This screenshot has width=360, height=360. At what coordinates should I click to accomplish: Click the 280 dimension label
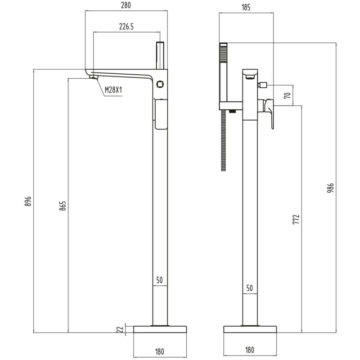pyautogui.click(x=126, y=5)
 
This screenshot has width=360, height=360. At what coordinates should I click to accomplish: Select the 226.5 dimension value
pyautogui.click(x=126, y=27)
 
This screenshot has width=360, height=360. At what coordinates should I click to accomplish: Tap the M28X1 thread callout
pyautogui.click(x=113, y=90)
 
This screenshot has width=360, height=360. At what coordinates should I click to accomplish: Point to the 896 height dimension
pyautogui.click(x=28, y=201)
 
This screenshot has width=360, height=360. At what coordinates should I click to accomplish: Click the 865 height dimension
pyautogui.click(x=63, y=206)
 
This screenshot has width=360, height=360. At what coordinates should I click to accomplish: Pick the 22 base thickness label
pyautogui.click(x=120, y=329)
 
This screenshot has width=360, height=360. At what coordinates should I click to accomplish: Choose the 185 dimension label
pyautogui.click(x=246, y=7)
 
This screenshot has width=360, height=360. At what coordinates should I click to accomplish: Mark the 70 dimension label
pyautogui.click(x=288, y=95)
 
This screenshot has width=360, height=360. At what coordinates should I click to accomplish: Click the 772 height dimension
pyautogui.click(x=296, y=219)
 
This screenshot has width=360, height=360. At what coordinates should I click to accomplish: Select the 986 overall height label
pyautogui.click(x=330, y=188)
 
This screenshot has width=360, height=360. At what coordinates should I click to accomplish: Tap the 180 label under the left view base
pyautogui.click(x=160, y=351)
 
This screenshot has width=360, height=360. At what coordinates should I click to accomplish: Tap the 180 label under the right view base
pyautogui.click(x=250, y=350)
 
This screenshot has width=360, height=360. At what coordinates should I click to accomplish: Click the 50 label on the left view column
pyautogui.click(x=160, y=280)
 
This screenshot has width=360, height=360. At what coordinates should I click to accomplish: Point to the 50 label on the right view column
pyautogui.click(x=250, y=288)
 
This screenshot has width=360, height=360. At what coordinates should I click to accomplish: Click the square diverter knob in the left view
pyautogui.click(x=160, y=84)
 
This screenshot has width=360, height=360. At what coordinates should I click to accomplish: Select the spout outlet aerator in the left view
pyautogui.click(x=94, y=77)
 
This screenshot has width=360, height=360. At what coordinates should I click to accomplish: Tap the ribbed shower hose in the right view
pyautogui.click(x=223, y=140)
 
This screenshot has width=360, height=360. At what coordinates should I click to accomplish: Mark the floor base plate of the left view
pyautogui.click(x=160, y=329)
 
